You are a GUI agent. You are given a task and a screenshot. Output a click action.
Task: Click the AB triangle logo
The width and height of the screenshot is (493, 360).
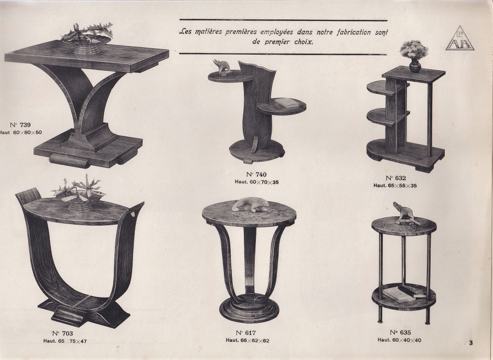tap(459, 39)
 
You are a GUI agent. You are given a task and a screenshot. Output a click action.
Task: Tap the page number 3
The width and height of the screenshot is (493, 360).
tap(470, 343)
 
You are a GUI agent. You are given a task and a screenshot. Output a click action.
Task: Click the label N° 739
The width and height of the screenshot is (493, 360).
tap(20, 125)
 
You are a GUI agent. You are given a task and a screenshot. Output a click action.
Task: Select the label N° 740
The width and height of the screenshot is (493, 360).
tap(256, 175)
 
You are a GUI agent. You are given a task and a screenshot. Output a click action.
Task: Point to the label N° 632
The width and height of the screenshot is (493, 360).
tap(395, 178)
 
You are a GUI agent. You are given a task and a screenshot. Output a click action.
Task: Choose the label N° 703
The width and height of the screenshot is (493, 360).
tap(62, 334)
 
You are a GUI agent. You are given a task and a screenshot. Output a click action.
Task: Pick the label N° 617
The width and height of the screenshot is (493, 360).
tap(246, 333)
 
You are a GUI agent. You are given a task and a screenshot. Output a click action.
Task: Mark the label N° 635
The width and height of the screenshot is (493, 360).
tap(401, 332)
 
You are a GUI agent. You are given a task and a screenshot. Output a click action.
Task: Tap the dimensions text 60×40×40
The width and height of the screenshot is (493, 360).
tap(407, 340)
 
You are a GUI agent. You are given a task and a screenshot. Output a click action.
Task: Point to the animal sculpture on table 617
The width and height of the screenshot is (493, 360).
tap(251, 205)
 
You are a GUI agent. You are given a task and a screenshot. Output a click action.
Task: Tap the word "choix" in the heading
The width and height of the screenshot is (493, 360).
tap(304, 41)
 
